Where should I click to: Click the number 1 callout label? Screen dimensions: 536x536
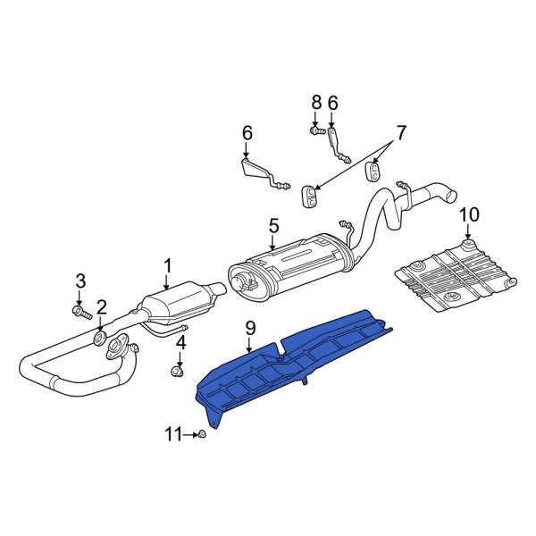[x=167, y=264]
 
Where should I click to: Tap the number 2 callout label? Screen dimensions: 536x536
[x=101, y=307]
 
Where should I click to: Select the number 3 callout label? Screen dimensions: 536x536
[x=80, y=281]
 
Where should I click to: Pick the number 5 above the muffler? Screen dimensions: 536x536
[x=274, y=224]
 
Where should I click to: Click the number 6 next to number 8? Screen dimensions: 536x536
[x=332, y=103]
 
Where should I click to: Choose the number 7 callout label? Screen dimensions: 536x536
[x=401, y=133]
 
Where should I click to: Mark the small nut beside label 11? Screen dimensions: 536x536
[x=202, y=434]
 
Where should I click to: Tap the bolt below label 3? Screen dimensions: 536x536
[x=80, y=312]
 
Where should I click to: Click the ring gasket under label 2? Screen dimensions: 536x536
[x=100, y=338]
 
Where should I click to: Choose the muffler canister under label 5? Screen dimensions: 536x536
[x=286, y=266]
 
